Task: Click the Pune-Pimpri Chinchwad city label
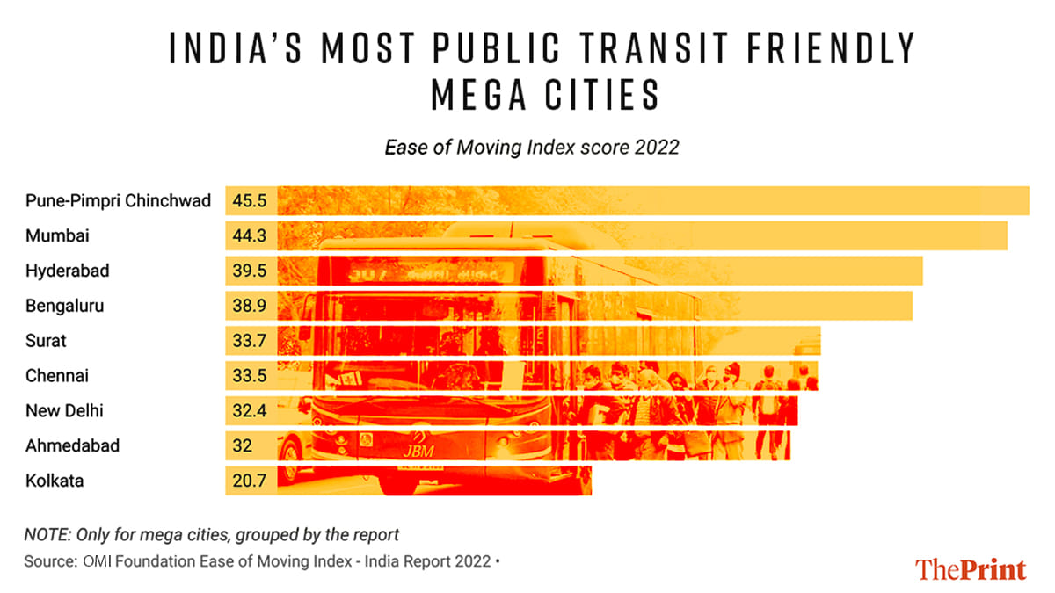coord(119,201)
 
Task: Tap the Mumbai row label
coord(57,236)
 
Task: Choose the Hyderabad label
coord(68,271)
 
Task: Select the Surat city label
coord(47,341)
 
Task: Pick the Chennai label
coord(57,376)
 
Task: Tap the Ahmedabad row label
coord(73,446)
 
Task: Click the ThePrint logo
coord(971,569)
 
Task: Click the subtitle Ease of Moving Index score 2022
coord(532,148)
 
